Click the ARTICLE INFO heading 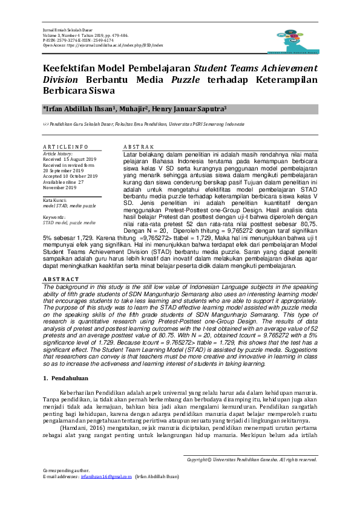pos(66,147)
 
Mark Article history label pos(58,154)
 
